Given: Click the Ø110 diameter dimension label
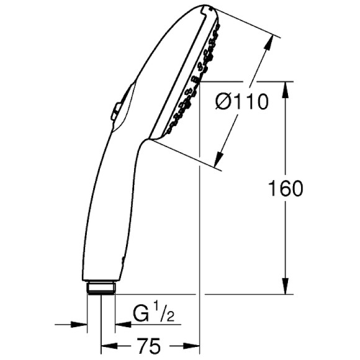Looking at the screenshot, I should click(243, 101).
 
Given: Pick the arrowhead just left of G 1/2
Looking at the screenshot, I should click(122, 323).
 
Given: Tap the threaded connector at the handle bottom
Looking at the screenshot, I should click(101, 287).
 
